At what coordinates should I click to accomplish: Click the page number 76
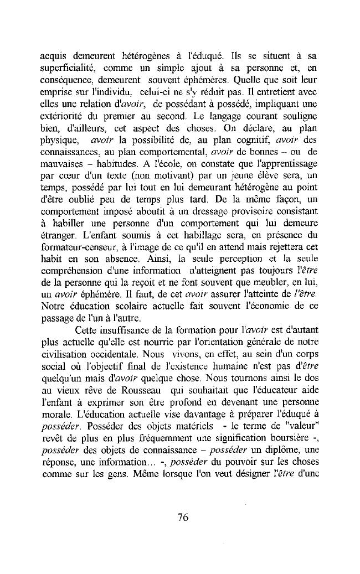[x=183, y=518]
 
